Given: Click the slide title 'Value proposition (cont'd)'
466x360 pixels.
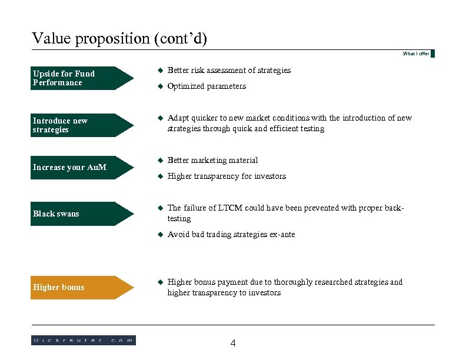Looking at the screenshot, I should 119,39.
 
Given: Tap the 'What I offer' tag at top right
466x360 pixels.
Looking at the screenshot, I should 416,54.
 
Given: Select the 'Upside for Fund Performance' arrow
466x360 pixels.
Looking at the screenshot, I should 82,78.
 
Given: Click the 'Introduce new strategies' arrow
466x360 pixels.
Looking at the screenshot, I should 82,125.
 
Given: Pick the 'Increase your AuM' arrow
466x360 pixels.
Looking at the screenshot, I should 82,167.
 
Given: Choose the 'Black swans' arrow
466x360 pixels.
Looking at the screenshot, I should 82,214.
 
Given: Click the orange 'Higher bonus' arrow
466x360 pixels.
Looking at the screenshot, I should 82,287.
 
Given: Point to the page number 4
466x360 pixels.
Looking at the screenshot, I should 233,344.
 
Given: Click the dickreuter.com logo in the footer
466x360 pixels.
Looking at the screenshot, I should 83,340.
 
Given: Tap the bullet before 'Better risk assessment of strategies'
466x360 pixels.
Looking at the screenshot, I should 159,71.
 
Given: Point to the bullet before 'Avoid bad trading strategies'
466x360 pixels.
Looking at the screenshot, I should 159,235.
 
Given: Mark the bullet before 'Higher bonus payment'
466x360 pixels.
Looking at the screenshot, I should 159,282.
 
